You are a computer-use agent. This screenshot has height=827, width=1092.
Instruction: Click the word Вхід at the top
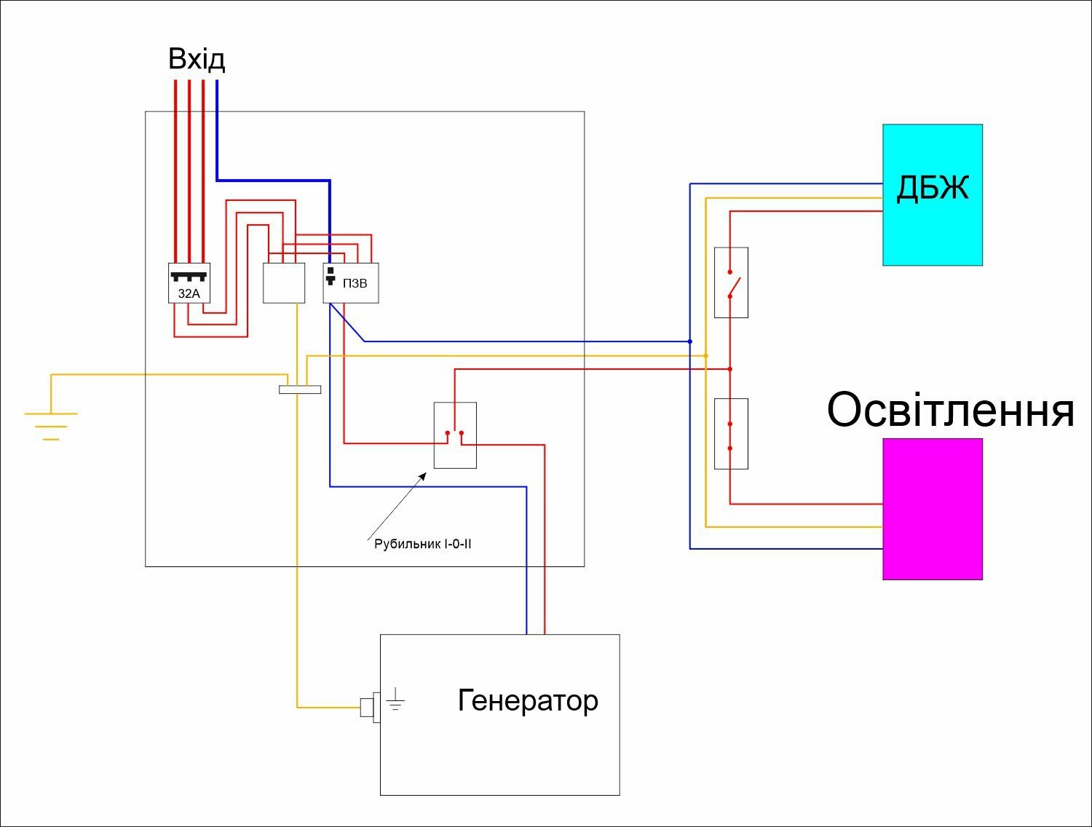click(197, 60)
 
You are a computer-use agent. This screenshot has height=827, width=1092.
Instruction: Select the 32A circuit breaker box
click(189, 283)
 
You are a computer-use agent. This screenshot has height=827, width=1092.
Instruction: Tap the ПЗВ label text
click(355, 283)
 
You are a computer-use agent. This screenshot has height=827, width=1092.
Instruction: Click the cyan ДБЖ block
click(933, 195)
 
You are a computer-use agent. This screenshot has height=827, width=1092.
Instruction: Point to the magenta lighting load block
click(933, 509)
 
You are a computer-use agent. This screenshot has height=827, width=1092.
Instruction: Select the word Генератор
click(527, 700)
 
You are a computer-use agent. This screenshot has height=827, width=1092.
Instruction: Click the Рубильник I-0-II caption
click(422, 544)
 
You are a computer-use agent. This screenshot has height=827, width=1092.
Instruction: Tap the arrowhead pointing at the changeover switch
click(423, 476)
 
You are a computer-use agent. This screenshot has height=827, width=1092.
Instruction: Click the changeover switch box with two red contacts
click(455, 435)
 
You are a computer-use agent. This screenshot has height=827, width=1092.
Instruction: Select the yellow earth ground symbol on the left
click(51, 426)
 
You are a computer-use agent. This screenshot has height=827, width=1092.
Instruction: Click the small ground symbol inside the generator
click(395, 699)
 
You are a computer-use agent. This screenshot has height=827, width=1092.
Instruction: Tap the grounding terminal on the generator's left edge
click(370, 707)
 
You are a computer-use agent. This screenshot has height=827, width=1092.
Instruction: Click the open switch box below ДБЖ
click(731, 282)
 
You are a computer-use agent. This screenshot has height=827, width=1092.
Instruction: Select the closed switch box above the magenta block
click(731, 434)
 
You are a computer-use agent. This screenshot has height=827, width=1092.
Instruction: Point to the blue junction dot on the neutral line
click(690, 341)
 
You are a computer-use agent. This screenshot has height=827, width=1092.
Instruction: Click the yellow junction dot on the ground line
click(706, 356)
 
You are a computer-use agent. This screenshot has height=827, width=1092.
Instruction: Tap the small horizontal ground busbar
click(300, 390)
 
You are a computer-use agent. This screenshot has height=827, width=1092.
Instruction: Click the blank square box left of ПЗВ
click(284, 283)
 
